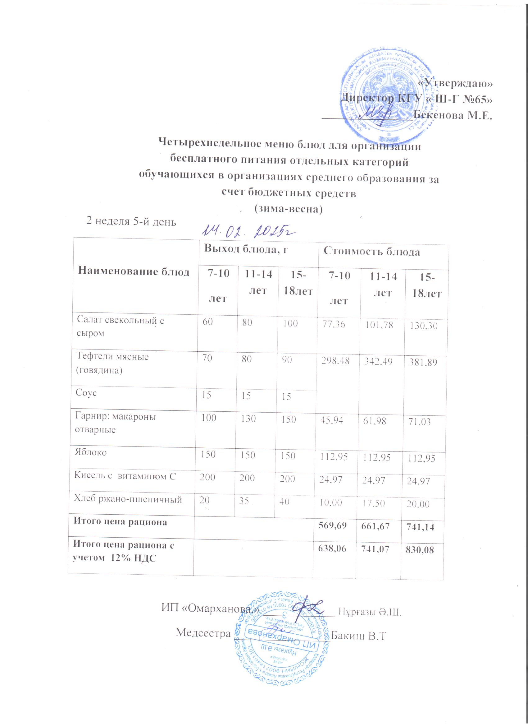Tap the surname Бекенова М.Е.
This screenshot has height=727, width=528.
[452, 115]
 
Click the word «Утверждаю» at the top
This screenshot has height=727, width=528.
[456, 83]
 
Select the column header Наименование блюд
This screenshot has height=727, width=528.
[134, 272]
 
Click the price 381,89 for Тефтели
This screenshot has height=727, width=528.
[424, 362]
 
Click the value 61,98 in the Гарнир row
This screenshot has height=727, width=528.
[377, 420]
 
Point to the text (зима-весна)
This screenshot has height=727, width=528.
[287, 209]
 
